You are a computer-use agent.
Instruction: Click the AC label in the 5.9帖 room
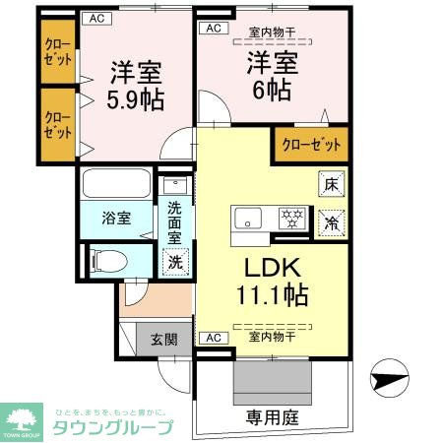[x=95, y=18]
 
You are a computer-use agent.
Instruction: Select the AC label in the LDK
[x=212, y=338]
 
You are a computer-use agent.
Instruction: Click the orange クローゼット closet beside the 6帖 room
[x=310, y=145]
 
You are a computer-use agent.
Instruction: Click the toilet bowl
[x=107, y=260]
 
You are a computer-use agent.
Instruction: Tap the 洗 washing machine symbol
[x=174, y=262]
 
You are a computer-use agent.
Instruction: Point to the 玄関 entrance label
[x=164, y=341]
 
